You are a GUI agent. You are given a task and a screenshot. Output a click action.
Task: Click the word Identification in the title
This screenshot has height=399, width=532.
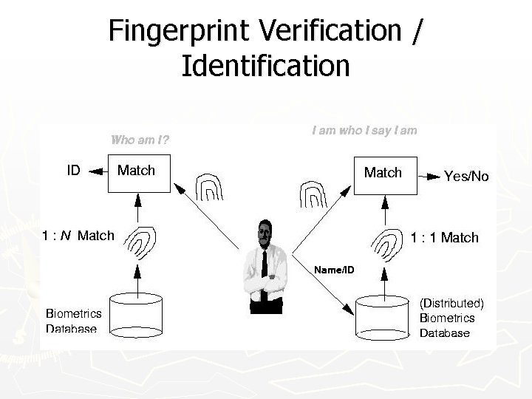click(265, 65)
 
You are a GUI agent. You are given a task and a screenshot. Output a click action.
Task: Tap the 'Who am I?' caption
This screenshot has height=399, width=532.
click(140, 138)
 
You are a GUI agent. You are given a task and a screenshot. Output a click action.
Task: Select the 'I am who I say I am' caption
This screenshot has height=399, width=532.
click(364, 131)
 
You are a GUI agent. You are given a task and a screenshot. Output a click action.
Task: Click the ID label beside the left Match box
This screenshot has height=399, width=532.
click(74, 171)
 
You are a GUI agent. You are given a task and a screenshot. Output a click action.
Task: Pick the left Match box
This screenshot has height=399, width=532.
click(138, 174)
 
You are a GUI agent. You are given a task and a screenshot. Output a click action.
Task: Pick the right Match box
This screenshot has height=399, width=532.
click(384, 175)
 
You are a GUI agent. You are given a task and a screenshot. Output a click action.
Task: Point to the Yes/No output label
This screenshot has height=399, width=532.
click(466, 176)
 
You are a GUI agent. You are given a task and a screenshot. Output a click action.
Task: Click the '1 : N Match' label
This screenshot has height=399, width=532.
click(78, 236)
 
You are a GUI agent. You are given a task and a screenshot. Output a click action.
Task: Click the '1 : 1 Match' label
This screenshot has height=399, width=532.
click(444, 237)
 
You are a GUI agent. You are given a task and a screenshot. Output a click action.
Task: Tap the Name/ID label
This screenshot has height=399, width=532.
click(334, 270)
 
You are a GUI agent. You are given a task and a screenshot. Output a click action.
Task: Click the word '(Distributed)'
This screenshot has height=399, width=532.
click(451, 303)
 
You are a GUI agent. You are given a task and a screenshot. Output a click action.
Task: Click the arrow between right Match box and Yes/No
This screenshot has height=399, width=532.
click(429, 176)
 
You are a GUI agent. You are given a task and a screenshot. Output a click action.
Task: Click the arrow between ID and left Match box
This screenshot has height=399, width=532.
click(95, 171)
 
